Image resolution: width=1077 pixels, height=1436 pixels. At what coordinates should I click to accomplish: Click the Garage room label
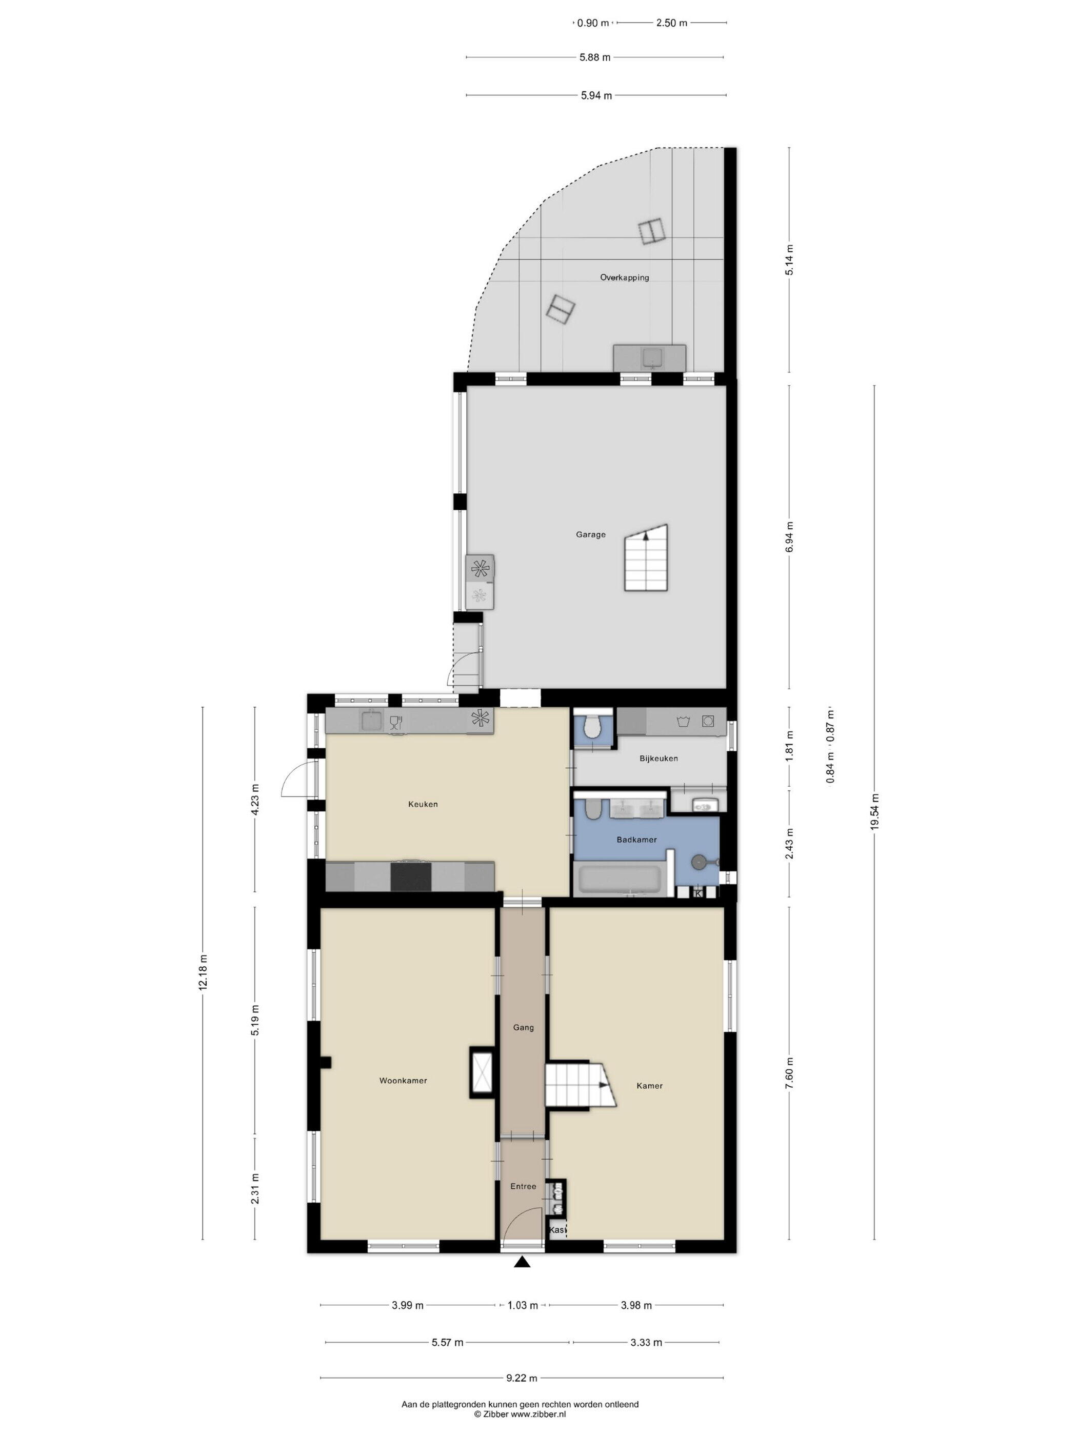click(591, 535)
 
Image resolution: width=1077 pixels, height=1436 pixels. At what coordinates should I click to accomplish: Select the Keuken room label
click(423, 804)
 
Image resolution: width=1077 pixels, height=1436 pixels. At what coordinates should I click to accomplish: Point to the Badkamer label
click(637, 840)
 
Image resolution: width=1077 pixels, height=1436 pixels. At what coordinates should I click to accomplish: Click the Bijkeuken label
click(659, 758)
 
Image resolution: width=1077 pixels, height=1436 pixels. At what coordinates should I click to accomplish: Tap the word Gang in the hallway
click(523, 1028)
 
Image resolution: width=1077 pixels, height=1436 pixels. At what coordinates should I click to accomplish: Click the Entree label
click(523, 1186)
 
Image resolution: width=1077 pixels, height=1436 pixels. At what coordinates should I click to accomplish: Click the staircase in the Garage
click(647, 557)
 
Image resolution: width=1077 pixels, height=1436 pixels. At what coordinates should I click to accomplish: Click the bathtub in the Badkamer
click(620, 880)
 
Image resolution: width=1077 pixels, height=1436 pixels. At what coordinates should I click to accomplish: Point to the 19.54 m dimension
click(874, 811)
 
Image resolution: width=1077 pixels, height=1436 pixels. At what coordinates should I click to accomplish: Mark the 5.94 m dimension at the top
click(596, 95)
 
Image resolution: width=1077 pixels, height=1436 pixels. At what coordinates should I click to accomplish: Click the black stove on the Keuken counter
click(411, 876)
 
